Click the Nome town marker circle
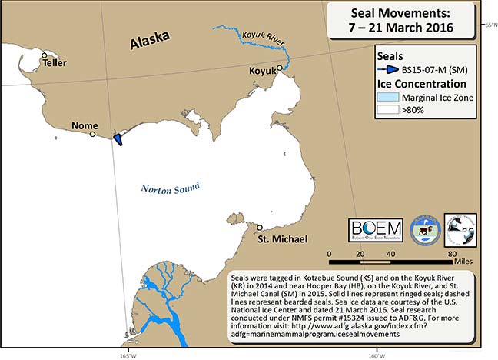coord(93,134)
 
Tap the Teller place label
coord(55,63)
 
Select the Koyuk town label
coord(262,71)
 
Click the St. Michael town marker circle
coord(260,228)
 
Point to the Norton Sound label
coord(170,188)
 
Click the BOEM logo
coord(375,229)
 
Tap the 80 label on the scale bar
coord(452,253)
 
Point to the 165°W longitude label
coord(128,355)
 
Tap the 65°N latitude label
coord(490,25)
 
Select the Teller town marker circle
coord(45,55)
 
